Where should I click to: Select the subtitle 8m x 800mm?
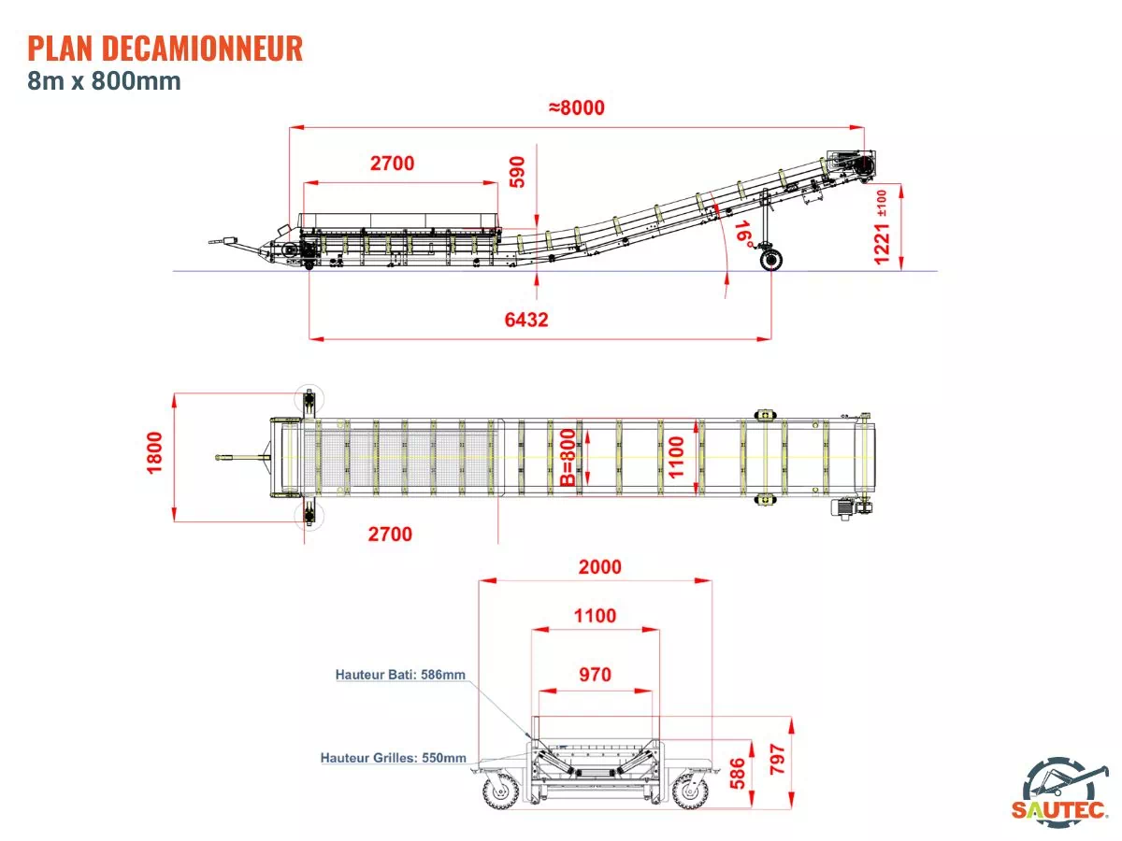click(104, 81)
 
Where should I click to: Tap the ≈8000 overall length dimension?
click(576, 107)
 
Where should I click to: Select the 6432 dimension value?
click(526, 320)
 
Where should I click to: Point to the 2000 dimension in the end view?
click(599, 567)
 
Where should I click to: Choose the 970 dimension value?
click(595, 675)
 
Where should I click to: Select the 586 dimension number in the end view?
click(737, 775)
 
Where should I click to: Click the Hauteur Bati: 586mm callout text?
click(400, 674)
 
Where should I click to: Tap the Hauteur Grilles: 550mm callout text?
click(393, 758)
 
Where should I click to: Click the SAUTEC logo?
click(1060, 791)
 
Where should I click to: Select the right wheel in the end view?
click(689, 791)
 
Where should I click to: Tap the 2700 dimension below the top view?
click(390, 535)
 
